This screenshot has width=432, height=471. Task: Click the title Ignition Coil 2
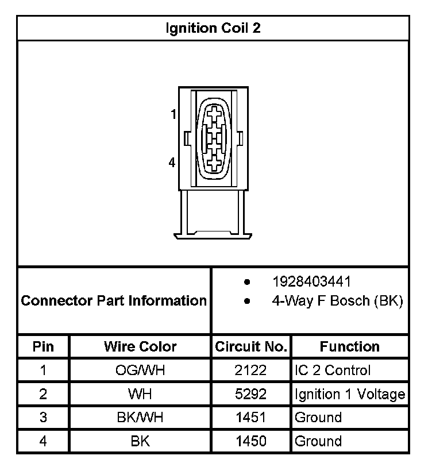(x=213, y=29)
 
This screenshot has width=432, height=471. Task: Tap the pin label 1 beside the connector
(x=173, y=115)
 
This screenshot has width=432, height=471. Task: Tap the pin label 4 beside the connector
(x=172, y=163)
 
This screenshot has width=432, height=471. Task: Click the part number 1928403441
(x=311, y=282)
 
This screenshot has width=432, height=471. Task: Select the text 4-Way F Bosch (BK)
(x=337, y=300)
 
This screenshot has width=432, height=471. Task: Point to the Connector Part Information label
(x=114, y=300)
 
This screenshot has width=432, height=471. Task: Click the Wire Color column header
(x=140, y=346)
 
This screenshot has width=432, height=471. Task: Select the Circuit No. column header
(x=250, y=346)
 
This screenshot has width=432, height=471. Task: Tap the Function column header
(x=349, y=346)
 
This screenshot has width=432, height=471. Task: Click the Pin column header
(x=43, y=346)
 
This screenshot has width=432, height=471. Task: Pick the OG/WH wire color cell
(x=140, y=370)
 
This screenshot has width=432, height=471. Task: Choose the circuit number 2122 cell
(x=250, y=370)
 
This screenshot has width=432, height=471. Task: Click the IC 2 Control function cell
(x=333, y=370)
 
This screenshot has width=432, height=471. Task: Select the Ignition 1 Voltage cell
(x=349, y=395)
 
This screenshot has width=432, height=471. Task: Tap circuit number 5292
(x=250, y=395)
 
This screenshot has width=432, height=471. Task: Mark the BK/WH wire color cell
(x=140, y=418)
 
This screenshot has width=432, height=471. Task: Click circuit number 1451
(x=250, y=418)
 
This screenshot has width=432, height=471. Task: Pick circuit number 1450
(x=250, y=441)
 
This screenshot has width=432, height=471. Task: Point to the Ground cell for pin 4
(x=318, y=441)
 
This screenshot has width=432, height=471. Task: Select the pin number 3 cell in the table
(x=43, y=418)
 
